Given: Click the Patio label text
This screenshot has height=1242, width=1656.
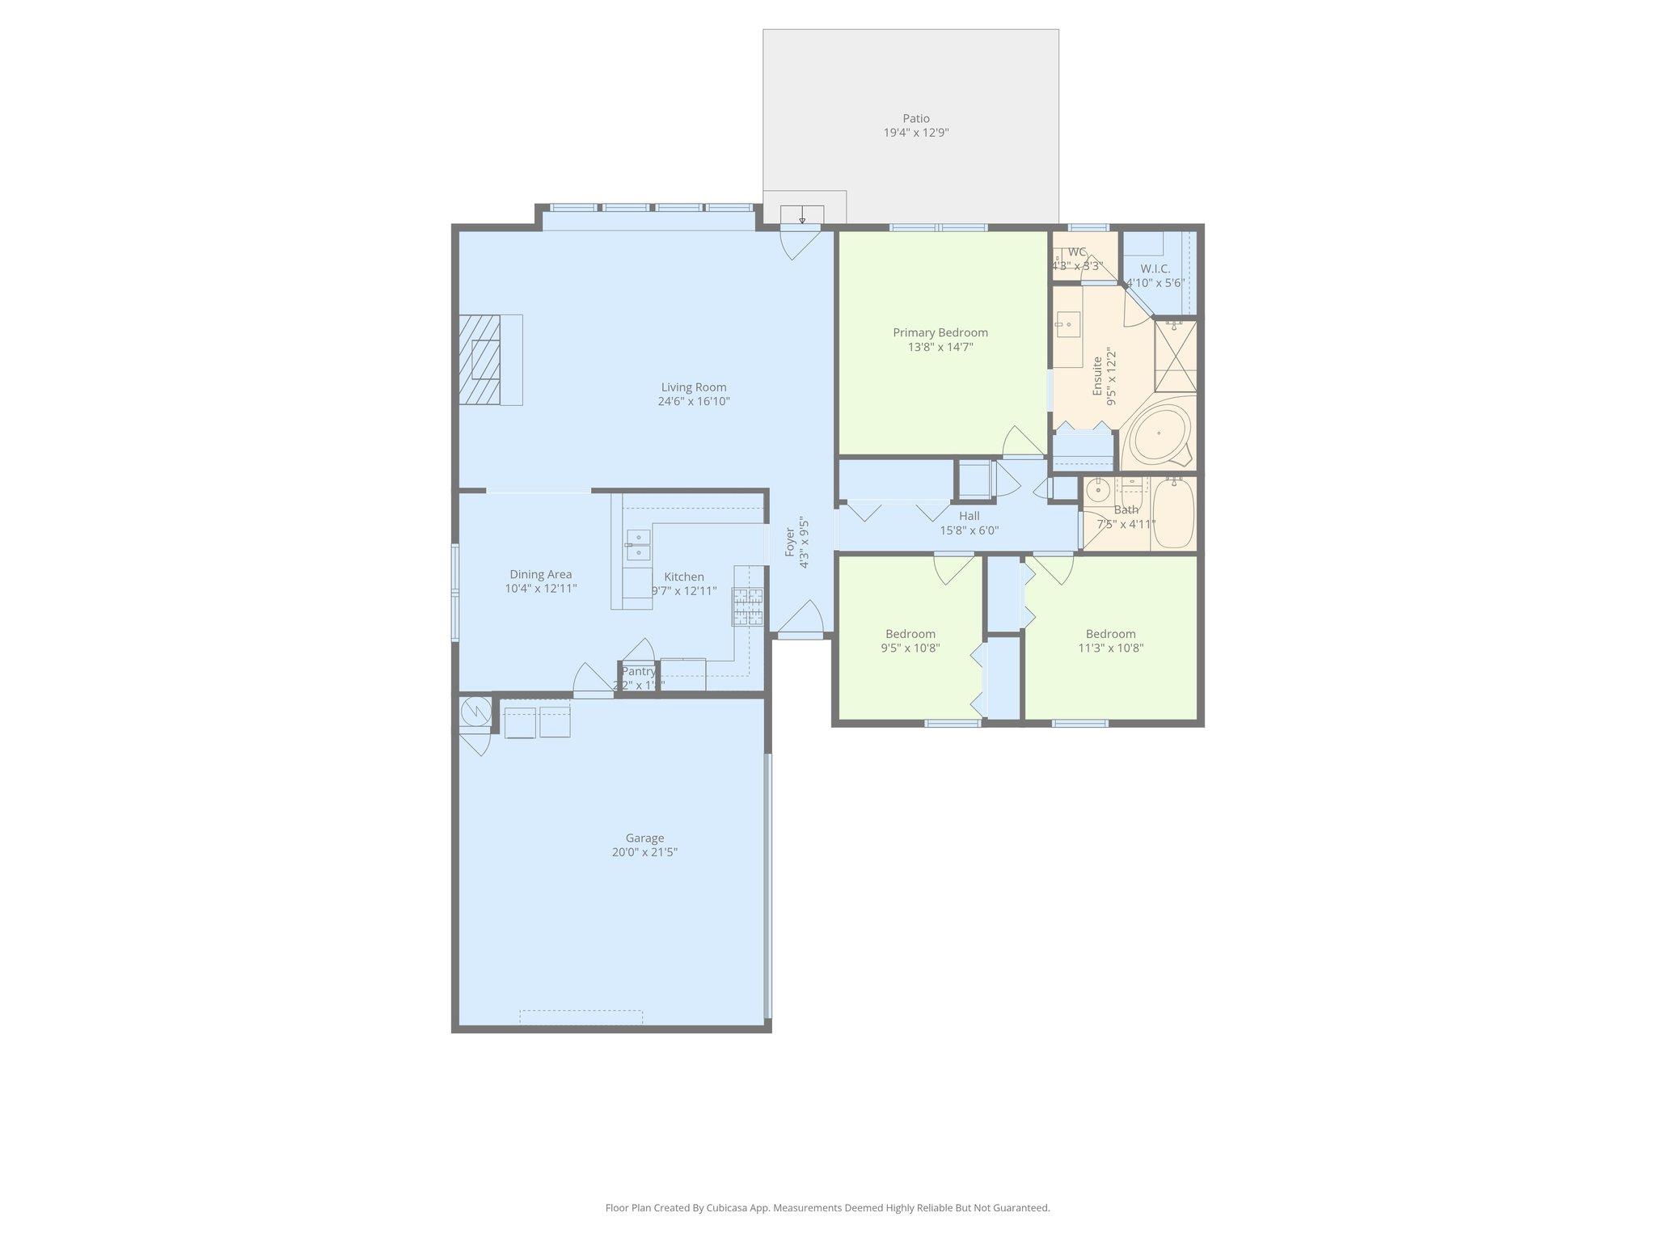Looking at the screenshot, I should click(x=915, y=119).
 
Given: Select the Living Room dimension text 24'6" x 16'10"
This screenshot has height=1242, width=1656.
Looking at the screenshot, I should click(x=694, y=401).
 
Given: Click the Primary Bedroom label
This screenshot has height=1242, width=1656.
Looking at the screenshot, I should click(x=940, y=332).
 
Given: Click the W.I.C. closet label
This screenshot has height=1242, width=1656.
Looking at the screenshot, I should click(x=1155, y=268).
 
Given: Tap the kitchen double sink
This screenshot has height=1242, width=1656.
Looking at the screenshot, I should click(x=638, y=545).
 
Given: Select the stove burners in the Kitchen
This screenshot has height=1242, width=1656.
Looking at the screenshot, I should click(x=748, y=606).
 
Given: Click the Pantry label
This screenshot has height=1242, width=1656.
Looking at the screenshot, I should click(x=638, y=671).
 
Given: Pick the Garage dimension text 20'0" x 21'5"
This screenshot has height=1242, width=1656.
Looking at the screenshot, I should click(x=644, y=852).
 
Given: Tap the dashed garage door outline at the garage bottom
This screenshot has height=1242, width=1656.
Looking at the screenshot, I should click(x=581, y=1017).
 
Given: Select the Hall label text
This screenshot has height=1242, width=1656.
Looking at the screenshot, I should click(x=969, y=516).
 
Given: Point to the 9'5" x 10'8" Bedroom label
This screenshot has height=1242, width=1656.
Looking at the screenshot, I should click(x=910, y=634).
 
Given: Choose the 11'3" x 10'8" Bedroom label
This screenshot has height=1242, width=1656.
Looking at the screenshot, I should click(x=1110, y=634).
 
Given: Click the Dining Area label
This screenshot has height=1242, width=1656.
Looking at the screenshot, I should click(x=540, y=575).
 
